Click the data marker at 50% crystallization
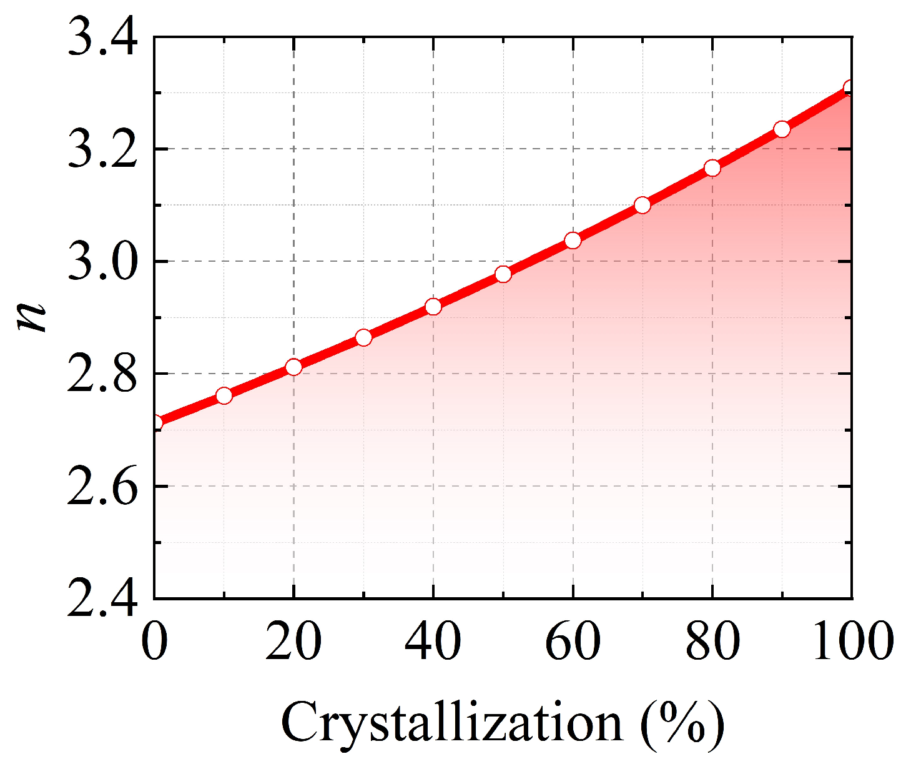(503, 274)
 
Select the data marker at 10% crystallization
(224, 395)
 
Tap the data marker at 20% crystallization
(293, 367)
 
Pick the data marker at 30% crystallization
(363, 338)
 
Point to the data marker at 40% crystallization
(433, 307)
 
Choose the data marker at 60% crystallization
(573, 241)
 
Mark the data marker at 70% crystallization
(643, 206)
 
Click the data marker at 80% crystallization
(712, 168)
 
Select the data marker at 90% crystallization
(782, 129)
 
